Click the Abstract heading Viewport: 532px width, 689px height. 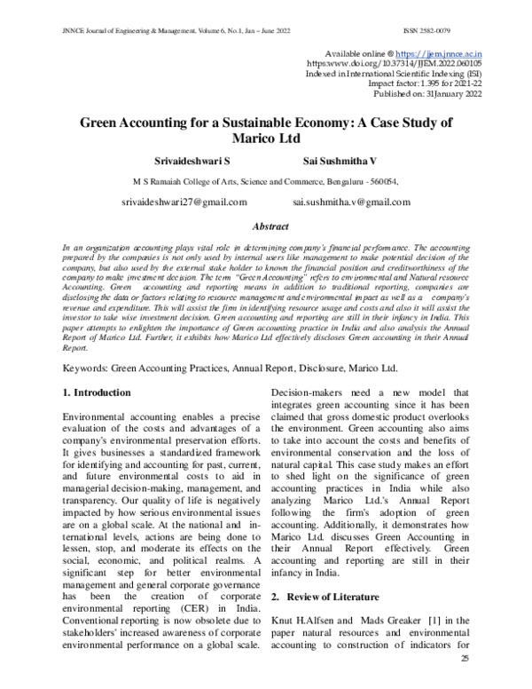point(271,227)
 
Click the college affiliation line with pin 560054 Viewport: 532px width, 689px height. point(266,180)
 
